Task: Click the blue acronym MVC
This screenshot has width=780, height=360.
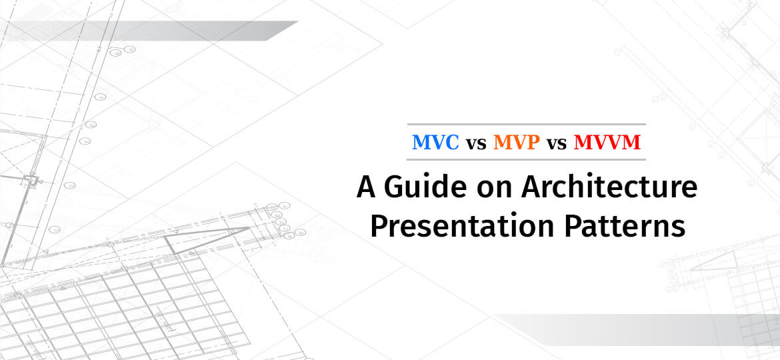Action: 436,143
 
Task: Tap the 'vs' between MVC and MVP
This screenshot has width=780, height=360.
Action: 476,143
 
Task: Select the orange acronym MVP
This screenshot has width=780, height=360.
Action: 516,143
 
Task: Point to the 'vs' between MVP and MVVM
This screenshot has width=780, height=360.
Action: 557,143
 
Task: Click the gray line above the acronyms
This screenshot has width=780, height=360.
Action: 526,125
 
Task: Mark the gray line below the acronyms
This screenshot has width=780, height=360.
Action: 526,160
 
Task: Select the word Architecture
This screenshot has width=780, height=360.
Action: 609,187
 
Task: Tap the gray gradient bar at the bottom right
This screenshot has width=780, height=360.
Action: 640,329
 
